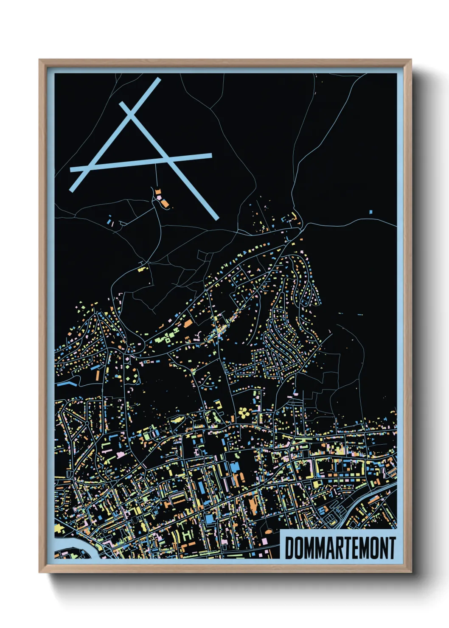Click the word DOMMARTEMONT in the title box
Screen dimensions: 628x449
pos(340,548)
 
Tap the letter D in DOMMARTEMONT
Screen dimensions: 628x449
pos(290,548)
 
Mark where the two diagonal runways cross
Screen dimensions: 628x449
pos(131,112)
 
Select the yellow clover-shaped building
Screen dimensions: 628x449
pos(244,411)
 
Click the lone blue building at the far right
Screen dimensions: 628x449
pos(370,211)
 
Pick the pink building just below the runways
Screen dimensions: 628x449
pos(159,197)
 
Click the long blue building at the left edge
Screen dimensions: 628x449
pos(66,384)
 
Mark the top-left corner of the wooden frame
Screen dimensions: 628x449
pos(40,61)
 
